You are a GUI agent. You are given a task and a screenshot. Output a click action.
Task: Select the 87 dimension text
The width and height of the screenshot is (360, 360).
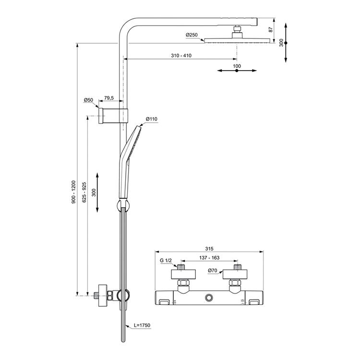pos(271,29)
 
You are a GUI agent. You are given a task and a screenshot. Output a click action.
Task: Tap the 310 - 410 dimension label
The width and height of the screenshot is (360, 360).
pos(181,56)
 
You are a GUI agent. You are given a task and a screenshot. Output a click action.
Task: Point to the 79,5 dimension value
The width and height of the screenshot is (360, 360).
pos(108,98)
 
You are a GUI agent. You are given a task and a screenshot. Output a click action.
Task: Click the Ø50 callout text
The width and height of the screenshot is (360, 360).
pos(88,100)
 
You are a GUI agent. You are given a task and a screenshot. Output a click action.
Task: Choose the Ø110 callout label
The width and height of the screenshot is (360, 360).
pos(152,119)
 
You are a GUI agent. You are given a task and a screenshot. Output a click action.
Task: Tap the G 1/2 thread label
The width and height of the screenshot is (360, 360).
pos(166,261)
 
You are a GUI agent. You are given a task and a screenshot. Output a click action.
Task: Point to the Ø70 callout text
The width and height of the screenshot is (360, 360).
pos(213,271)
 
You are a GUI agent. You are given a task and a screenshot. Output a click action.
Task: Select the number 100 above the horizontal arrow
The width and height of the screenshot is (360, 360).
pos(237,66)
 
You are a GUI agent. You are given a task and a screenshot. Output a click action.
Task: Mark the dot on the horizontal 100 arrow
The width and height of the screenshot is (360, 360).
pos(237,71)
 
